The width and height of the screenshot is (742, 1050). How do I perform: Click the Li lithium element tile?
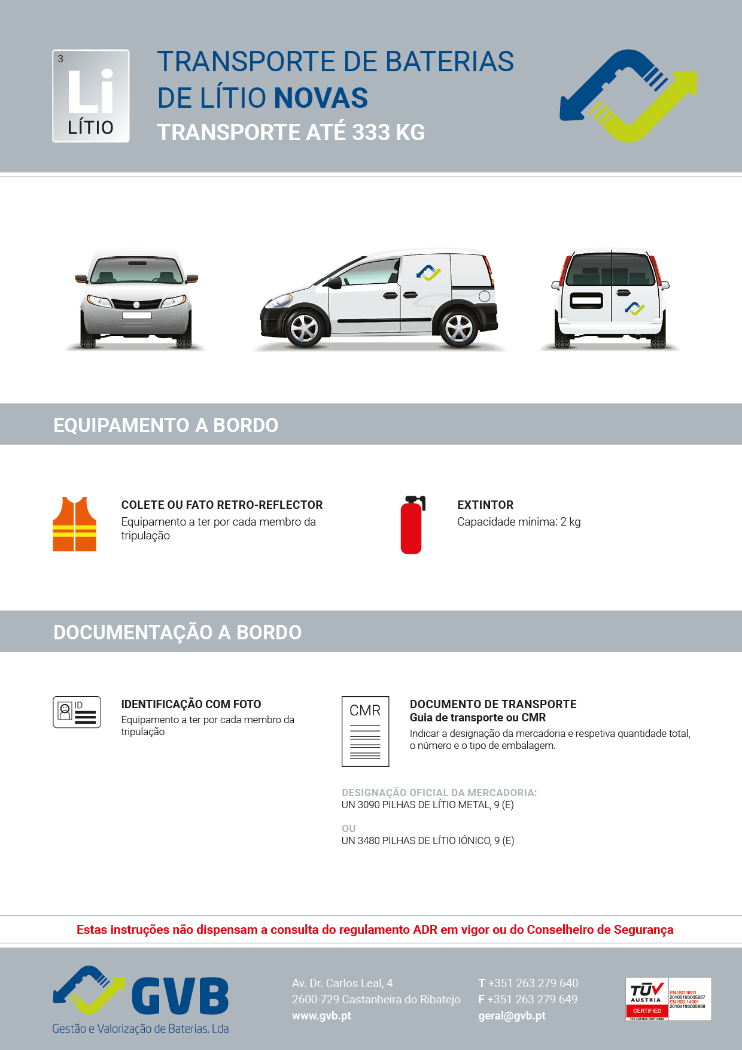pos(91,96)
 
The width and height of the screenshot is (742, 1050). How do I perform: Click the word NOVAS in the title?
pos(321,98)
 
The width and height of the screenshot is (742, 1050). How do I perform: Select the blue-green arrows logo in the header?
pos(628,96)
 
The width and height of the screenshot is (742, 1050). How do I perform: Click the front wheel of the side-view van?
pos(304,328)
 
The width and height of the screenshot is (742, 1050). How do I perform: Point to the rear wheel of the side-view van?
pos(459,328)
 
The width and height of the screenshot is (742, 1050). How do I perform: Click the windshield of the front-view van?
pos(137,271)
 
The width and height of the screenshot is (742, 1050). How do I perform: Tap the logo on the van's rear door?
pos(634,308)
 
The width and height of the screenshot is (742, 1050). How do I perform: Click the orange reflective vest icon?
pos(75,524)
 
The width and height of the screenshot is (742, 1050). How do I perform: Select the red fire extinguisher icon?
pos(412,525)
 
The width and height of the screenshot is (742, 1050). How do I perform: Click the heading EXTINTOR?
pos(485,505)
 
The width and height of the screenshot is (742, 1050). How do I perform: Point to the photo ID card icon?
pos(77,712)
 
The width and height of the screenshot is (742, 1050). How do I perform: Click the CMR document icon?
pos(365,731)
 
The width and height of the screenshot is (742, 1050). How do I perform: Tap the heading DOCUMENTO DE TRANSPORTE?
pos(493,704)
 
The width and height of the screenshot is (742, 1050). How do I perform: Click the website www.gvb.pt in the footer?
pos(321,1016)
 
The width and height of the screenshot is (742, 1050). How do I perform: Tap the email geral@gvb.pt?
pos(512,1016)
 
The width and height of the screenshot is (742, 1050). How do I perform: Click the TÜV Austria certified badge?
pos(668,999)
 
